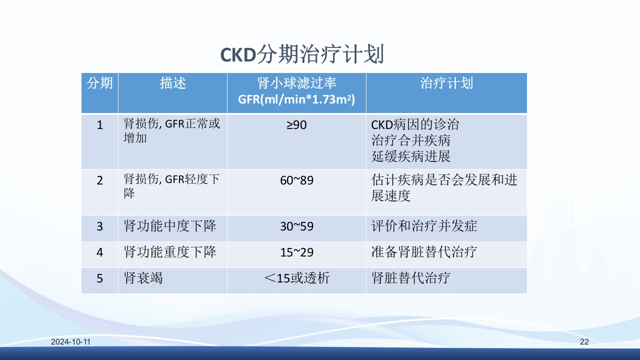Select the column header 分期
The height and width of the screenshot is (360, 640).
pyautogui.click(x=99, y=83)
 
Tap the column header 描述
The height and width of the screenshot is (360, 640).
pyautogui.click(x=172, y=83)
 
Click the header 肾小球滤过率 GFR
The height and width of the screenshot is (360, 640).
pyautogui.click(x=296, y=91)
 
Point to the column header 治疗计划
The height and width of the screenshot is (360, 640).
pyautogui.click(x=446, y=83)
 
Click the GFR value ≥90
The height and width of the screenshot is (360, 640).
pyautogui.click(x=296, y=125)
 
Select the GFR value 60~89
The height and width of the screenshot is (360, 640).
pyautogui.click(x=296, y=180)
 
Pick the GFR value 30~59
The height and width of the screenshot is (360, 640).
pyautogui.click(x=296, y=226)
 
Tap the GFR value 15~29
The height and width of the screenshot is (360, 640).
pyautogui.click(x=296, y=252)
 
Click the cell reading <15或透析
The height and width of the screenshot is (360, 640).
pyautogui.click(x=296, y=278)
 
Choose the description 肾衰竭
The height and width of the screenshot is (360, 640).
pyautogui.click(x=143, y=278)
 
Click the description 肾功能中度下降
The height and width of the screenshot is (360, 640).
pyautogui.click(x=170, y=226)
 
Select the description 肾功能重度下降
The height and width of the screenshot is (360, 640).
pyautogui.click(x=170, y=252)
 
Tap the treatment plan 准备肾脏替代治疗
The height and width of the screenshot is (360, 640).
pyautogui.click(x=424, y=252)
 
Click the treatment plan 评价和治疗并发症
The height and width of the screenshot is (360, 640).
pyautogui.click(x=424, y=226)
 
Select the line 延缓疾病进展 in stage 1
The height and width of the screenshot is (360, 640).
pyautogui.click(x=410, y=156)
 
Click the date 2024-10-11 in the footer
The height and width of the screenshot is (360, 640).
pyautogui.click(x=70, y=342)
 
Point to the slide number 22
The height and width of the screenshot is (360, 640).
pyautogui.click(x=584, y=342)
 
